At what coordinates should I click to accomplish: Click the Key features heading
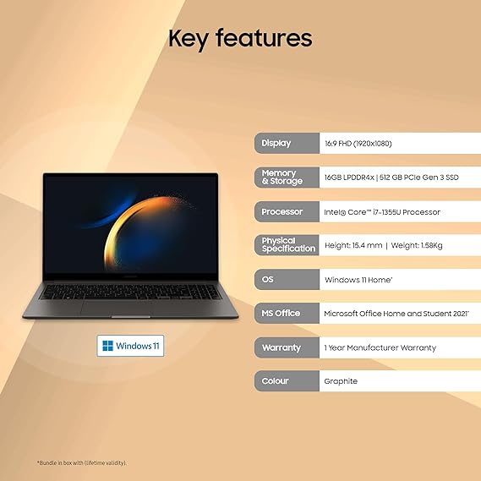[240, 38]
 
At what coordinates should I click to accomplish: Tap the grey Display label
[286, 143]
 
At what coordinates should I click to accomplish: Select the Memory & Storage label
[286, 178]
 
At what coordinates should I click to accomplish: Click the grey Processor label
[286, 211]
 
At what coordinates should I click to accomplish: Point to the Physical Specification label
[286, 245]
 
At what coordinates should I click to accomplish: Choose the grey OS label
[286, 279]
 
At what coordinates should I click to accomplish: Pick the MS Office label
[286, 313]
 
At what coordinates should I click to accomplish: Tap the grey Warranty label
[286, 347]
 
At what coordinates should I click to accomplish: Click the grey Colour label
[286, 381]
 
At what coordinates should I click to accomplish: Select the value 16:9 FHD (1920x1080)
[358, 144]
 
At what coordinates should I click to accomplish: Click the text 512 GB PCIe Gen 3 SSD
[409, 178]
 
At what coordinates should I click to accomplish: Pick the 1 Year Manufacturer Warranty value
[380, 347]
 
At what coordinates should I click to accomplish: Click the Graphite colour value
[341, 381]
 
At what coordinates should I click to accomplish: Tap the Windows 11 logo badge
[131, 345]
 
